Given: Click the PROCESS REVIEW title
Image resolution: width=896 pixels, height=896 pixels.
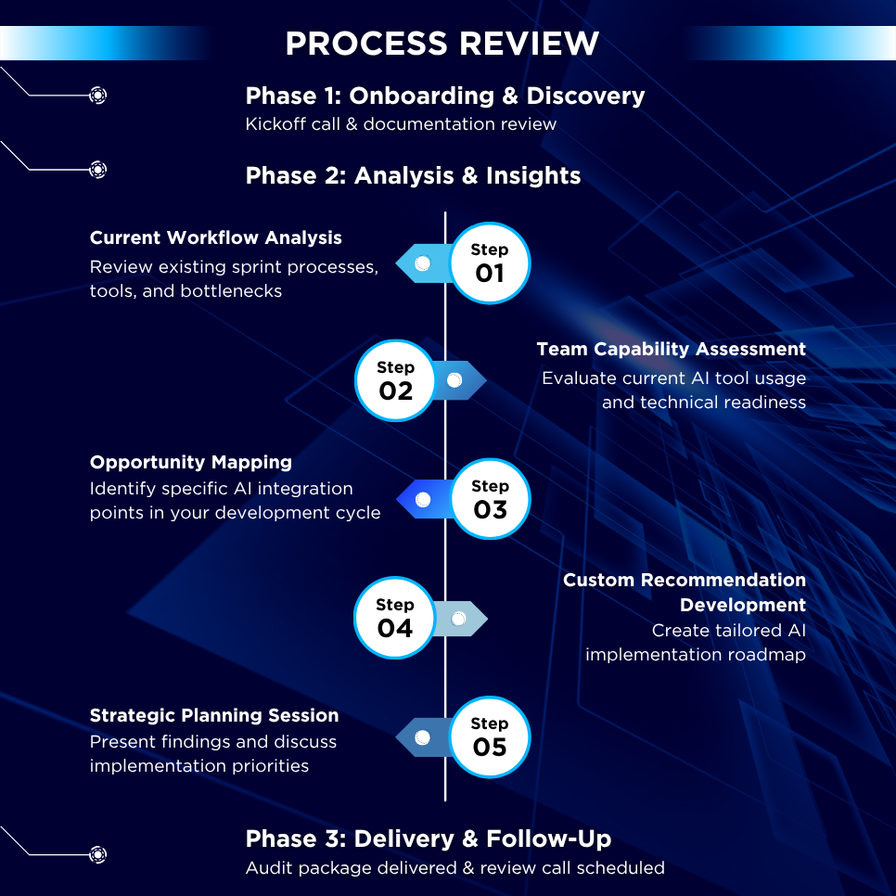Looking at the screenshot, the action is coord(442,44).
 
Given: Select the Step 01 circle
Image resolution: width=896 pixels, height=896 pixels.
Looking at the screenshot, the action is coord(490,262).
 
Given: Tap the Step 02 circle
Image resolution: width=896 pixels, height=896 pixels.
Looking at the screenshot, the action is coord(395,380).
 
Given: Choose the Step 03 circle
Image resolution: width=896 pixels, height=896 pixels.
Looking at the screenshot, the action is coord(491,499).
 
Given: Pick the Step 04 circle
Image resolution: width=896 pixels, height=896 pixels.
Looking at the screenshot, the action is coord(395,618).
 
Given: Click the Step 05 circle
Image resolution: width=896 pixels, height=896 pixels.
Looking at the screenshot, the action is coord(490,736).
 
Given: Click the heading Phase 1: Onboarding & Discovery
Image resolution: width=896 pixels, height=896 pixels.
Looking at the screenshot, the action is coord(445,96).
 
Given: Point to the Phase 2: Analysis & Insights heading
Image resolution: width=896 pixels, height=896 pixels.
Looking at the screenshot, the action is coord(413,175).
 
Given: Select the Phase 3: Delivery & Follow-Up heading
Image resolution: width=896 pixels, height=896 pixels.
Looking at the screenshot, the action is coord(429,838).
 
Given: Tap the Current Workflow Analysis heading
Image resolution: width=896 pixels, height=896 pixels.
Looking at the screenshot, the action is coord(215,237).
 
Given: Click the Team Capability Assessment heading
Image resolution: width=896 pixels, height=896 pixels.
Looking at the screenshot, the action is coord(671,349).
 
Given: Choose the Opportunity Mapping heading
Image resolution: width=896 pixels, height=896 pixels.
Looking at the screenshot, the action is coord(191,462).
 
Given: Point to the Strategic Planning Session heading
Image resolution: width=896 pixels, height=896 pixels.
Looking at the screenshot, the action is coord(214,715).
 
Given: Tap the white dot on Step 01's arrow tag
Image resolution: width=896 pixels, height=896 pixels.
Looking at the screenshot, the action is coord(423,262).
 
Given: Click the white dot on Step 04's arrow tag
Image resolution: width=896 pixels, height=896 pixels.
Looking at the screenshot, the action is coord(458,619).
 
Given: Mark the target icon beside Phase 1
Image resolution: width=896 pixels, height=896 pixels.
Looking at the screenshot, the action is coord(97,95).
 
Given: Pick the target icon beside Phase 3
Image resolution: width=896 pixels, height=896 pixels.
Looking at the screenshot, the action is coord(97,854).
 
